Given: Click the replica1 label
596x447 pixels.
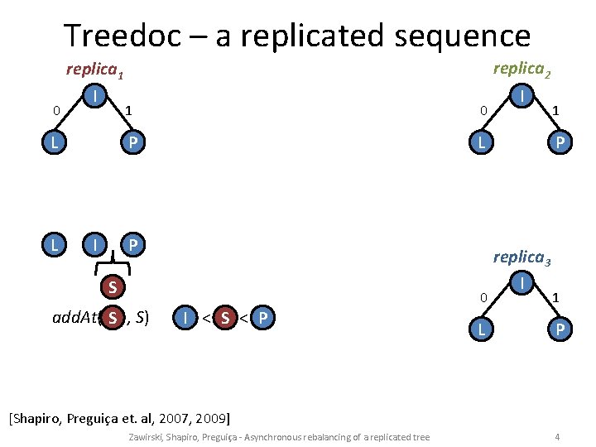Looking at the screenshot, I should coord(94,72).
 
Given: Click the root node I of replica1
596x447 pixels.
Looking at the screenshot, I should coord(97,98).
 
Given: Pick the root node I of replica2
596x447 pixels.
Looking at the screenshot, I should coord(522,98).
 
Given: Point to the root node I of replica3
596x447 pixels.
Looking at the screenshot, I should coord(522,284).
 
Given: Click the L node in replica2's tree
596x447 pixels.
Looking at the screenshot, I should coord(479,143).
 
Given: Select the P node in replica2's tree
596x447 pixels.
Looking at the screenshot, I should coord(560,143).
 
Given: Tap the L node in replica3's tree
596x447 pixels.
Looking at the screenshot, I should coord(479,329).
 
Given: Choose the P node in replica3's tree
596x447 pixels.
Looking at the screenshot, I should coord(560,329).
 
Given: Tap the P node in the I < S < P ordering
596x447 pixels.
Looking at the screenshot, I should coord(262,317).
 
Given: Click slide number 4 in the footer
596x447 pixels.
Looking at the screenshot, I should coord(558,436).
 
